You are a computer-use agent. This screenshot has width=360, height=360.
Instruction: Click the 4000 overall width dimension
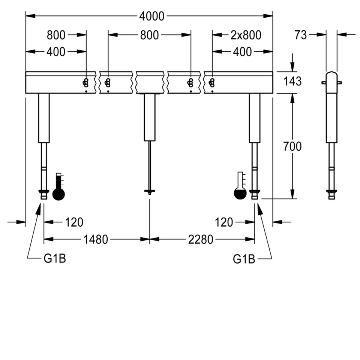pos(152,16)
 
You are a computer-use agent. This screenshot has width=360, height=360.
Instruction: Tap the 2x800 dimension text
pos(246,35)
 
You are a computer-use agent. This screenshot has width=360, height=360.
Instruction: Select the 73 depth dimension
pos(301,35)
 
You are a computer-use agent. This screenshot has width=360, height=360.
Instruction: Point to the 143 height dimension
pos(292,81)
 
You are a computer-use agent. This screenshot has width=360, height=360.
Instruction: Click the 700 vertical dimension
pos(292,146)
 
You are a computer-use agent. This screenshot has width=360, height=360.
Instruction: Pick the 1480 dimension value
pos(96,239)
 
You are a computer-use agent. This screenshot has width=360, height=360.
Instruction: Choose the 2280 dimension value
pos(201,239)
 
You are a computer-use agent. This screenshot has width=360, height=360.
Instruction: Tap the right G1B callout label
pos(244,259)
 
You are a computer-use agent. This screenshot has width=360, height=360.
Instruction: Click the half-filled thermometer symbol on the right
pos(240,186)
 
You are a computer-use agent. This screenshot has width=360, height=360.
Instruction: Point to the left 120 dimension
pos(74,222)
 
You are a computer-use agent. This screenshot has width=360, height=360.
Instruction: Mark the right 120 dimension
pos(224,222)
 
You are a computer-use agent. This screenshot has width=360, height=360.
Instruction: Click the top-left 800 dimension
pos(56,35)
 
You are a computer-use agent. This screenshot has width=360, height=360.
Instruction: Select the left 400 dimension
pos(56,52)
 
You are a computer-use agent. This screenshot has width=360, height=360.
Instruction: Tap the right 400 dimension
pos(242,52)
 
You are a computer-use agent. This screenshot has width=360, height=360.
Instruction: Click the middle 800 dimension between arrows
pos(149,35)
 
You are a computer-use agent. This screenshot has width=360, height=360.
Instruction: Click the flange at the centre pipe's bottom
pos(150,192)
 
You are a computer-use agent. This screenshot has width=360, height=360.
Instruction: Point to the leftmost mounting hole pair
pos(86,82)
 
